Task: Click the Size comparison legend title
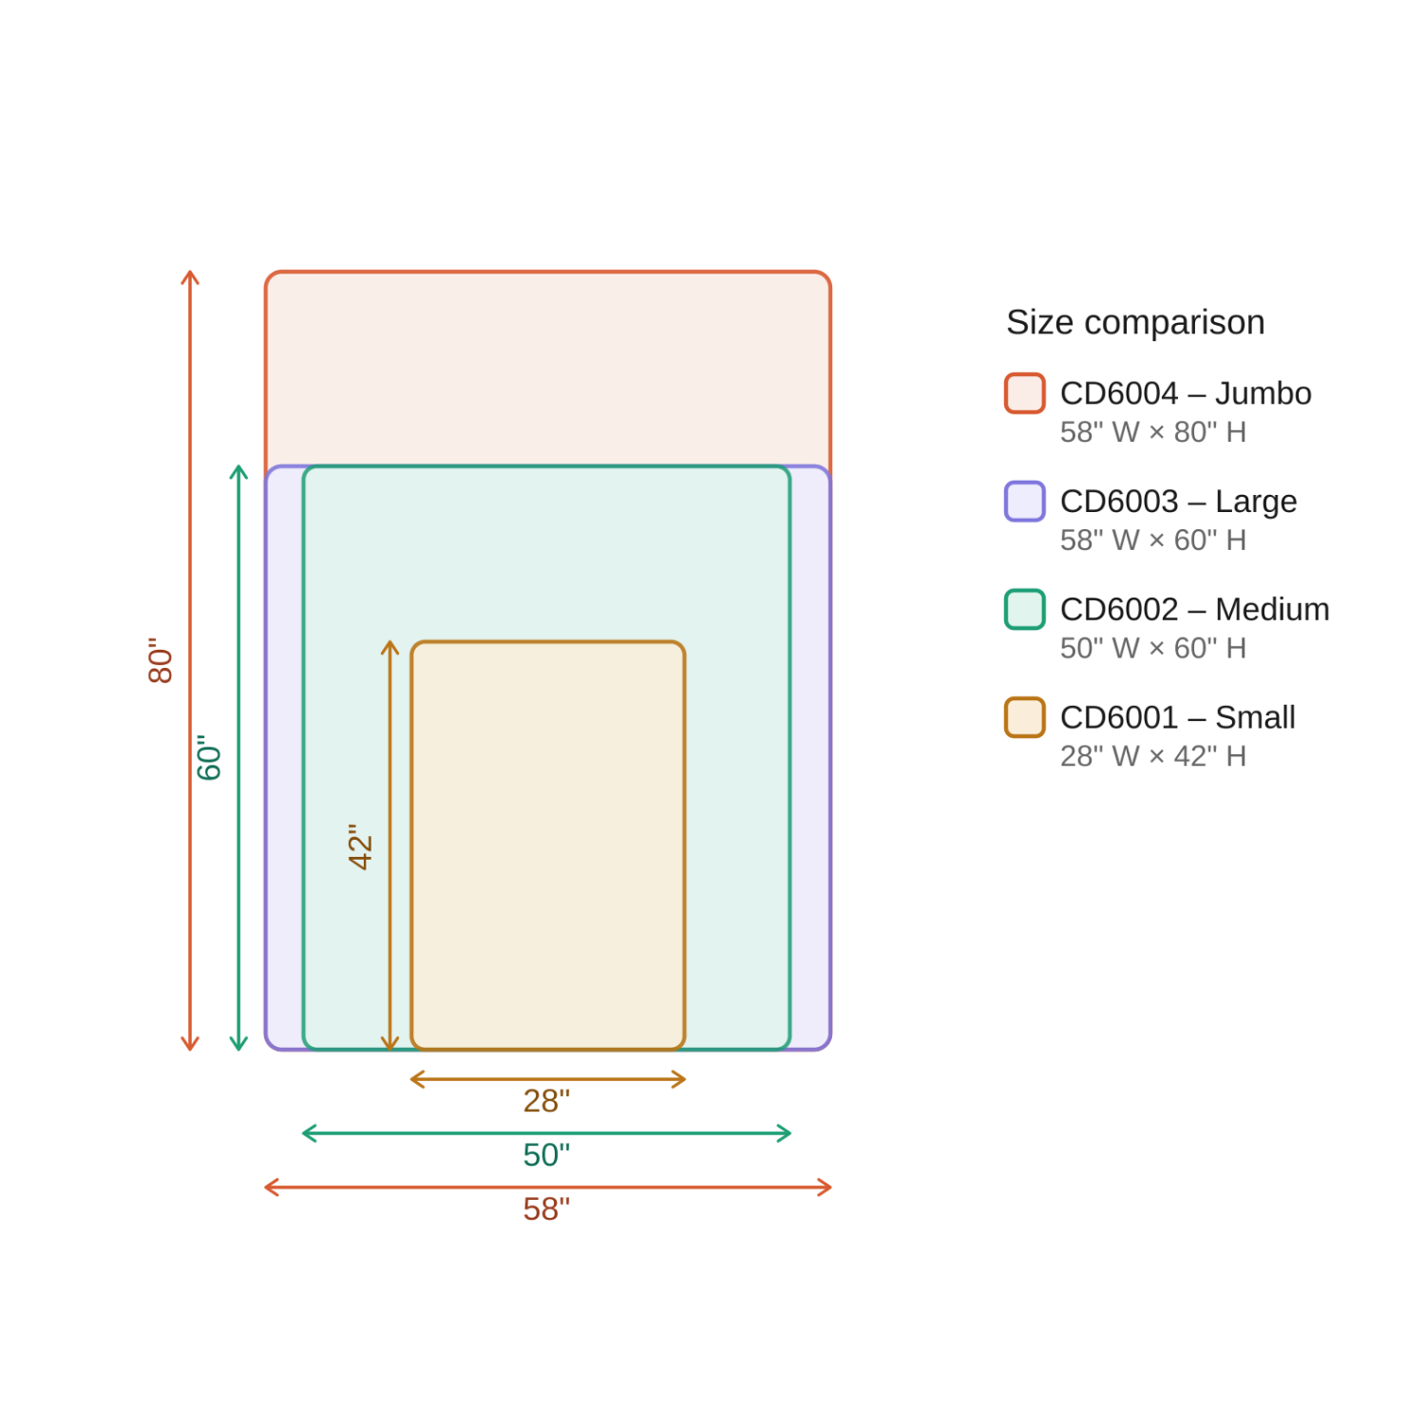(1135, 322)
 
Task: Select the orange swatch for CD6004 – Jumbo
(1024, 393)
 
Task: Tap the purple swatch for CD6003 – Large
(1024, 502)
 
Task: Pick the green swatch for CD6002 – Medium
(1024, 609)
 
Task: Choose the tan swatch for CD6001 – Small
(1024, 717)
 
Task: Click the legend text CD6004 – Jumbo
(1185, 393)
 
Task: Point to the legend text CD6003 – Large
(1178, 502)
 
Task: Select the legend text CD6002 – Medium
(1194, 609)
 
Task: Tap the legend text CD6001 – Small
(1177, 717)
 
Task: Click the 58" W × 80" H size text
(1152, 432)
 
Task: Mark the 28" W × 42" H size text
(1152, 756)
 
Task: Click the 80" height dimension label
(161, 660)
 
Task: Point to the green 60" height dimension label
(208, 757)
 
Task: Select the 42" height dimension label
(360, 846)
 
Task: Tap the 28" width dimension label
(546, 1101)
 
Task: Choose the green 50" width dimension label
(546, 1155)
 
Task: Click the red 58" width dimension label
(546, 1209)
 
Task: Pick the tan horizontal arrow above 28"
(547, 1079)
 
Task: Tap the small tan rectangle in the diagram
(547, 845)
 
